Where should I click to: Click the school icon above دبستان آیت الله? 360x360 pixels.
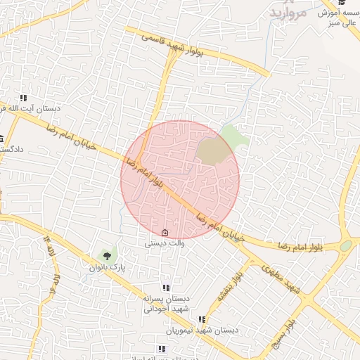23,98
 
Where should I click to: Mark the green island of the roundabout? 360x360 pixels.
345,246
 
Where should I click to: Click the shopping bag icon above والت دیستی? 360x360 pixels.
165,233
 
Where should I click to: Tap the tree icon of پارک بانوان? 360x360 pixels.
107,256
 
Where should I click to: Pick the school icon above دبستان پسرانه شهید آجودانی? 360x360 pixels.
166,288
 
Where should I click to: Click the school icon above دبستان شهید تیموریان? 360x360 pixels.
202,319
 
